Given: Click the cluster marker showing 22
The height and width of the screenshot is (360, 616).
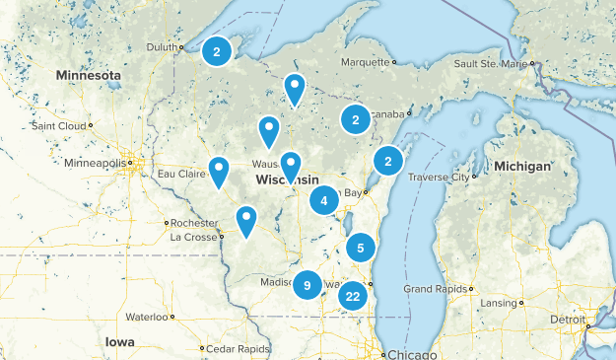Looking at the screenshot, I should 353,295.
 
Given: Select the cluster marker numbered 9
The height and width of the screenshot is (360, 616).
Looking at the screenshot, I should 308,285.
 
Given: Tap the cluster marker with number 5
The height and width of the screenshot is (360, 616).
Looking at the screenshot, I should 362,248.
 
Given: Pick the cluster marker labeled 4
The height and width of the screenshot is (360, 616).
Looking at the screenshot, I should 323,200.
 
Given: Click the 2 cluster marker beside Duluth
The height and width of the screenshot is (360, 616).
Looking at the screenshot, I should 217,51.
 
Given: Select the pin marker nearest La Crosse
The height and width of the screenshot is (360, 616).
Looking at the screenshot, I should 245,221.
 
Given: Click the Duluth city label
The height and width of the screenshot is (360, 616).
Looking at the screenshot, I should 163,46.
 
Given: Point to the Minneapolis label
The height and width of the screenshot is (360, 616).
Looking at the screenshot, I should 96,163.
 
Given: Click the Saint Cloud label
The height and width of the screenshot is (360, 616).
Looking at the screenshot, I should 57,126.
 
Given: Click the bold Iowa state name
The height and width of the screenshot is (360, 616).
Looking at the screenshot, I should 120,341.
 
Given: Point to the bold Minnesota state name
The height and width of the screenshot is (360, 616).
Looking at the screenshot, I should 89,75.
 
